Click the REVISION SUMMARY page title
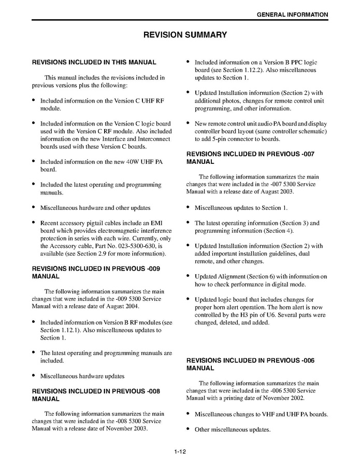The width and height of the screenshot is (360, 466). point(185,35)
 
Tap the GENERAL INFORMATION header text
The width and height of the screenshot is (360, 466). point(292,15)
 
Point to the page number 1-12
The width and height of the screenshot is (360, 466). point(180,451)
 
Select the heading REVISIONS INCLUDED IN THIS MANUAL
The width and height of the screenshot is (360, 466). point(94,62)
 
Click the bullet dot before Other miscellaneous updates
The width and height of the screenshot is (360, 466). point(188,429)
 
